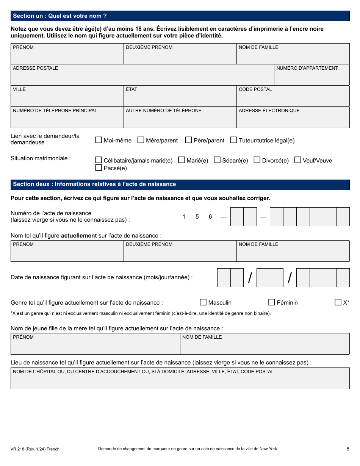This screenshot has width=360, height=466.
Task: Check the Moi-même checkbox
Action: tap(99, 140)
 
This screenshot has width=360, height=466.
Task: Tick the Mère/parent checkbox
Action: tap(141, 140)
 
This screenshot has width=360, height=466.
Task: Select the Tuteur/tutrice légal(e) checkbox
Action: tap(233, 140)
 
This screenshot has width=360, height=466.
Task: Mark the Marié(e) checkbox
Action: tap(182, 160)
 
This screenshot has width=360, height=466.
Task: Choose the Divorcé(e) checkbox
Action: tap(257, 160)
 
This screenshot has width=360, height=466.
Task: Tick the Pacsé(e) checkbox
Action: tap(99, 168)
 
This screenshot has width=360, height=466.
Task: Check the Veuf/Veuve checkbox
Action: tap(297, 160)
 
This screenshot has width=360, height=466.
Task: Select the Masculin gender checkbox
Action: tap(203, 302)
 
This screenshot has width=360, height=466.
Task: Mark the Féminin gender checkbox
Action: tap(271, 302)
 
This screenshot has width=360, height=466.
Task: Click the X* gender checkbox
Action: tap(338, 302)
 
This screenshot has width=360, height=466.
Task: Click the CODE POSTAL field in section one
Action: tap(293, 99)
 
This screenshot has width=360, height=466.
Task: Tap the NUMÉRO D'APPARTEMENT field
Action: tap(311, 77)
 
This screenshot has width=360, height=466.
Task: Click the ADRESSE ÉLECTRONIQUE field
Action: tap(293, 120)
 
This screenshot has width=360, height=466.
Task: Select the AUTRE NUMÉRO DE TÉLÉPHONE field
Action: tap(180, 120)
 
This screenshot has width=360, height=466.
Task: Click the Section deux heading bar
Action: tap(180, 185)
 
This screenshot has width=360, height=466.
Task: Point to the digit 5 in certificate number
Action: tap(197, 217)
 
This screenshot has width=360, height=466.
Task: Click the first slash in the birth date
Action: tap(250, 278)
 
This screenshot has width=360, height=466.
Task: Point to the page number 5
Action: tap(348, 449)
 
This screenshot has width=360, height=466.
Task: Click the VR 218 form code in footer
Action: tap(35, 449)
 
